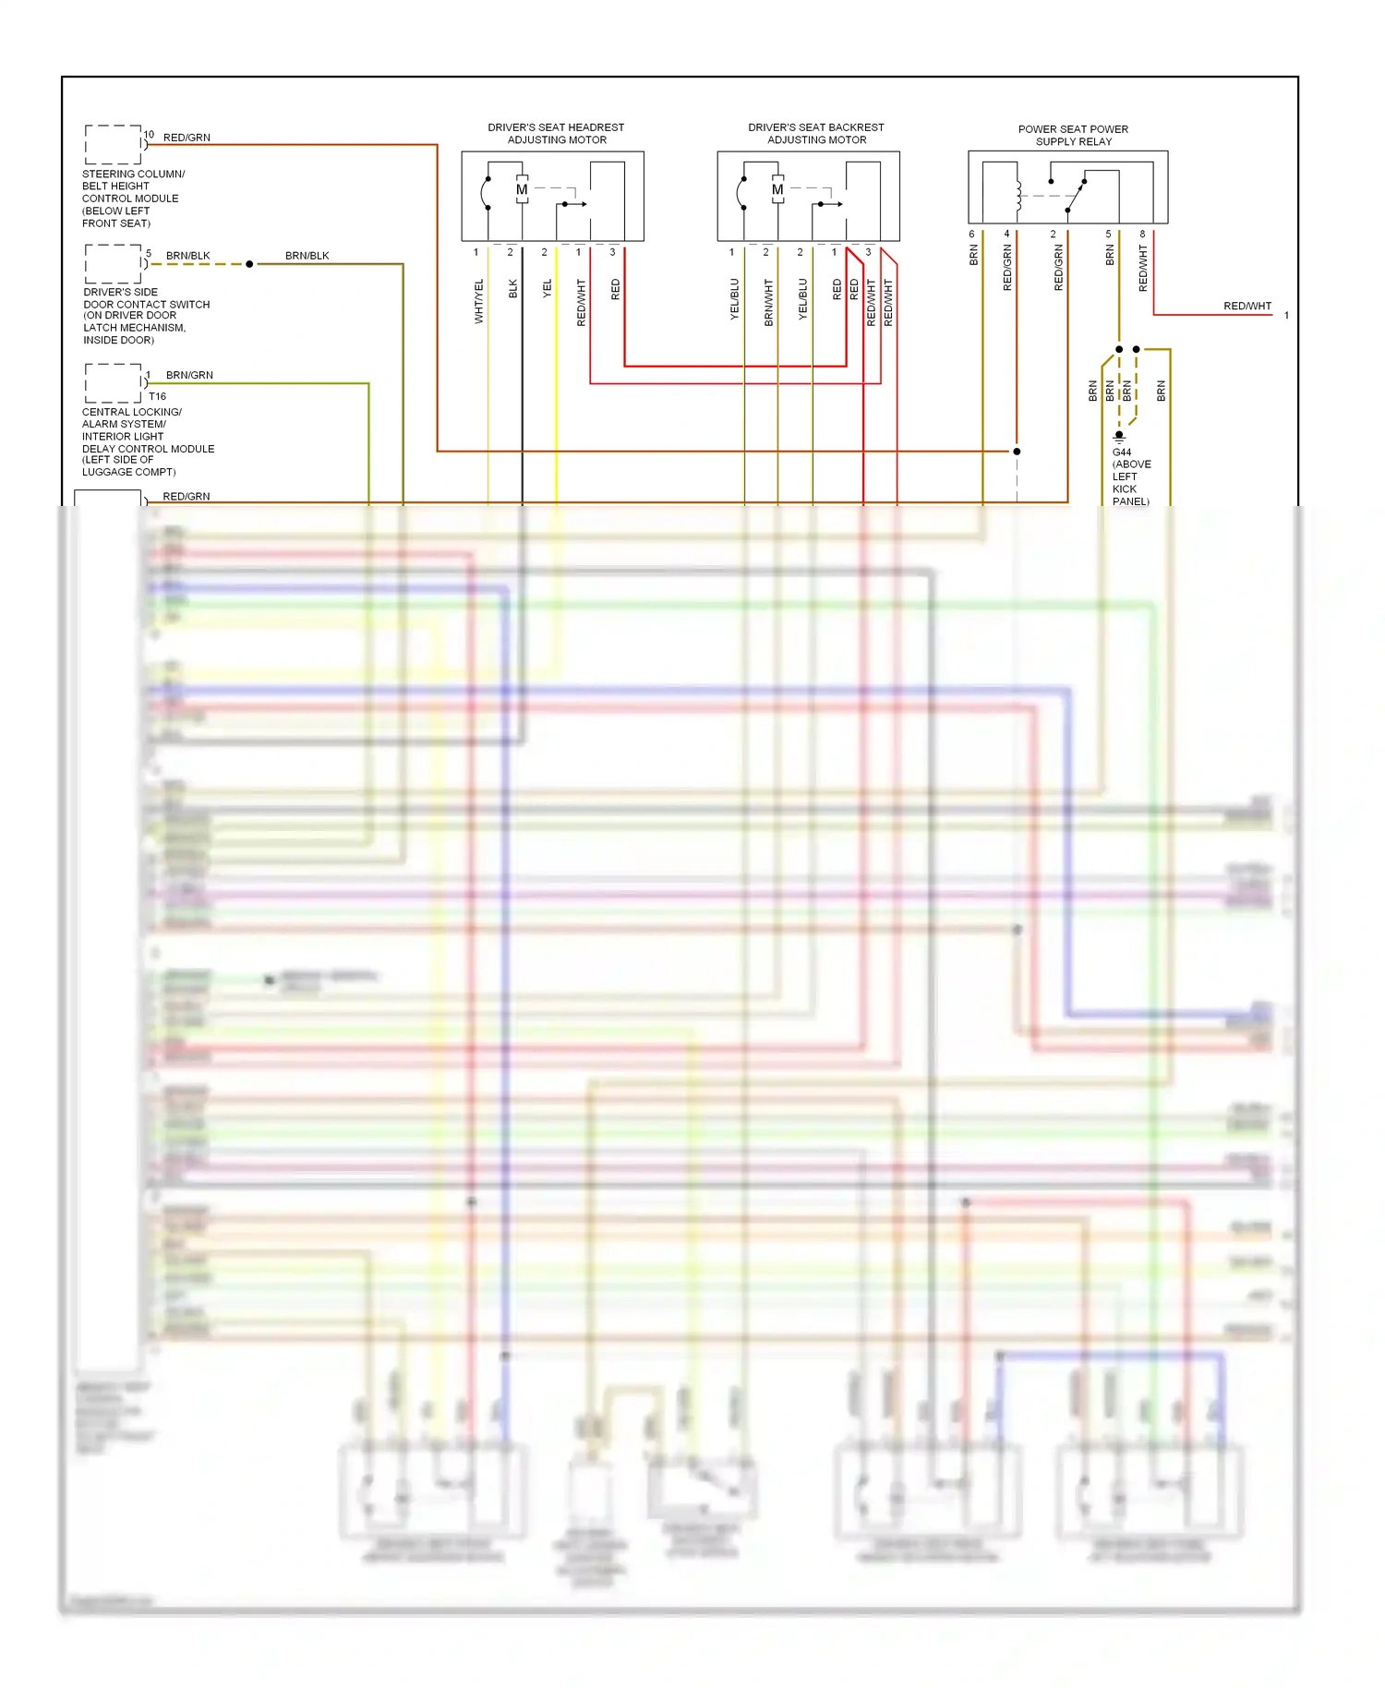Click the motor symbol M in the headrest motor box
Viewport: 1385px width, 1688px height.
click(x=522, y=190)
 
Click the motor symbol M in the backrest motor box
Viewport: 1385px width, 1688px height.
click(x=777, y=190)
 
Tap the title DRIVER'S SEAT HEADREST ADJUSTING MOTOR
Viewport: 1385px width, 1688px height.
click(x=556, y=134)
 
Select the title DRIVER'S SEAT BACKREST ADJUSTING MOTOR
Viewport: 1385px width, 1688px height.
click(x=816, y=134)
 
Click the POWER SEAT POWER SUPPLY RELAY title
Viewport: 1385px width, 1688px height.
click(x=1073, y=135)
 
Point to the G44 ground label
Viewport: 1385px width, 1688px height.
click(x=1122, y=452)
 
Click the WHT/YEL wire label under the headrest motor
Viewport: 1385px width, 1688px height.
click(x=479, y=301)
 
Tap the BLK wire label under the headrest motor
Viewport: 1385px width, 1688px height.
click(x=513, y=289)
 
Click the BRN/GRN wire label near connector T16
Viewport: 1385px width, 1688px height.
click(x=189, y=375)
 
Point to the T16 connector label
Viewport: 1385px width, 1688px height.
click(x=157, y=396)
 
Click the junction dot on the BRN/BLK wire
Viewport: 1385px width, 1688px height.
click(x=249, y=264)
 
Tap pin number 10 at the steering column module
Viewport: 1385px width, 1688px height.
click(x=149, y=135)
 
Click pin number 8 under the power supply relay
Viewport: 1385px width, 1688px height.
click(x=1142, y=235)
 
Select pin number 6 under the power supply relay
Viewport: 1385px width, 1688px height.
click(x=971, y=235)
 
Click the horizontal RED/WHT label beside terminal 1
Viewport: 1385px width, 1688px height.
click(x=1246, y=306)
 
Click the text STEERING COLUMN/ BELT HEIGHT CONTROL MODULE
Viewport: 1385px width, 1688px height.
click(x=133, y=198)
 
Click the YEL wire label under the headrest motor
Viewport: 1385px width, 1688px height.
click(x=548, y=288)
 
